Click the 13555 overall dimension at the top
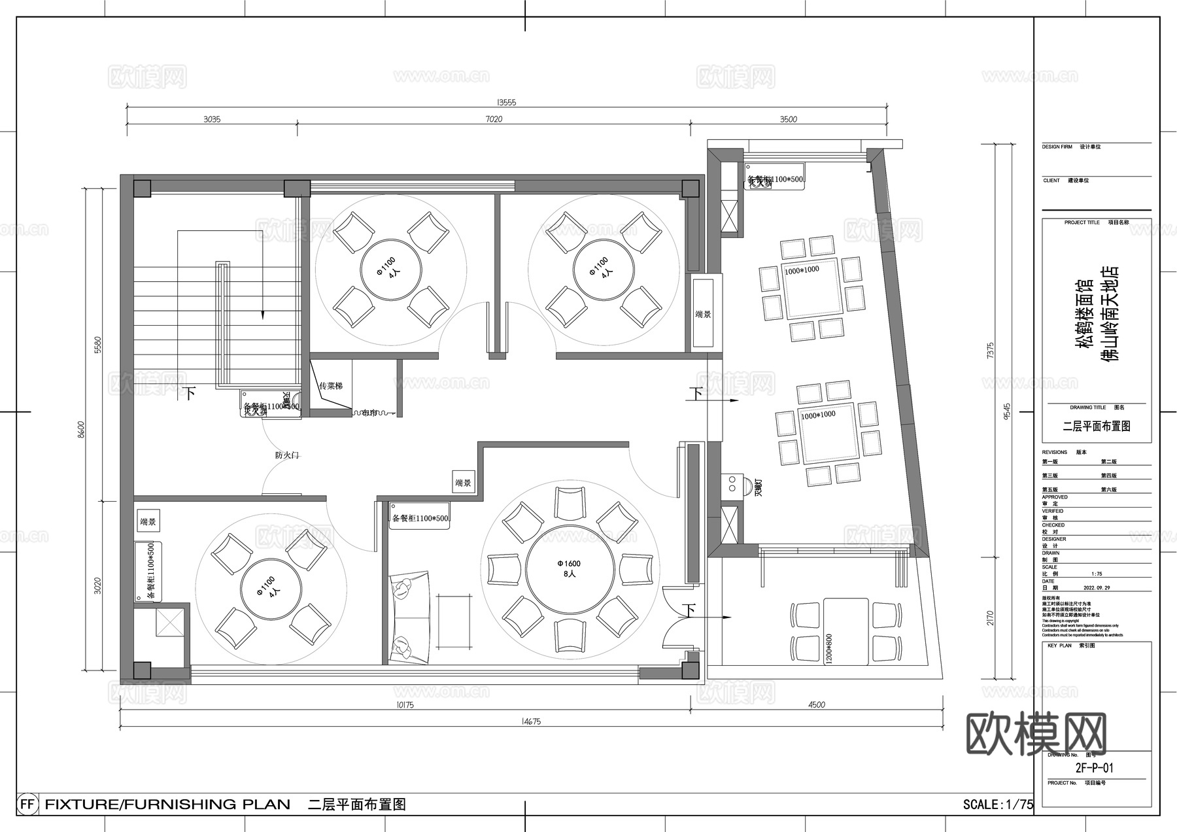pyautogui.click(x=507, y=103)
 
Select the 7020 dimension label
pyautogui.click(x=494, y=119)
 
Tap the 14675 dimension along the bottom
pyautogui.click(x=531, y=722)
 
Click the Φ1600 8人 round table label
pyautogui.click(x=569, y=568)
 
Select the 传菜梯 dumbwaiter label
pyautogui.click(x=331, y=387)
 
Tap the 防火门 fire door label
pyautogui.click(x=286, y=455)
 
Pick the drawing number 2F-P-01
pyautogui.click(x=1094, y=769)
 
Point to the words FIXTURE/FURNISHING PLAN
pyautogui.click(x=167, y=805)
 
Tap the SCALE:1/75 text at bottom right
pyautogui.click(x=998, y=805)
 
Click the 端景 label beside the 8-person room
pyautogui.click(x=463, y=483)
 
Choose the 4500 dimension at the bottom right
pyautogui.click(x=817, y=705)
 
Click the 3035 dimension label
pyautogui.click(x=212, y=119)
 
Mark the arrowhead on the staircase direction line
pyautogui.click(x=263, y=315)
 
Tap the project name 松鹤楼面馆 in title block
pyautogui.click(x=1085, y=314)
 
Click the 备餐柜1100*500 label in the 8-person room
pyautogui.click(x=420, y=518)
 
